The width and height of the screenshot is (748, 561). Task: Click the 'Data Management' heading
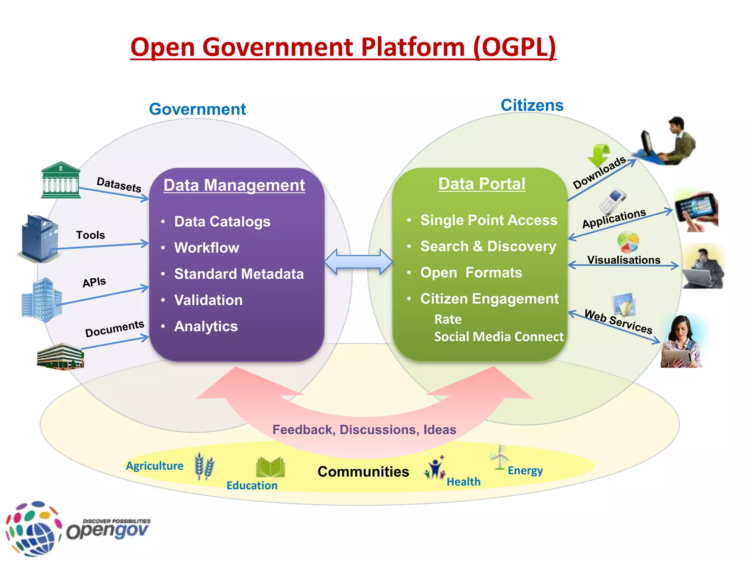pos(234,185)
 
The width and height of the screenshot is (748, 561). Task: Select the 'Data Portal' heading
pos(482,184)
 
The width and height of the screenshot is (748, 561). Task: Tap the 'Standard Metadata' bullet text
pos(239,274)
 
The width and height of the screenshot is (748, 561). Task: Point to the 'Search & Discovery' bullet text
pos(488,247)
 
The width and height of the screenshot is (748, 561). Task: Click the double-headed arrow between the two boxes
pos(358,262)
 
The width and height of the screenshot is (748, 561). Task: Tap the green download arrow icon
pos(599,155)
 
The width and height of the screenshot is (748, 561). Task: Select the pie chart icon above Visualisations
pos(628,242)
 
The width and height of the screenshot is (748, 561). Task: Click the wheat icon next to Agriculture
pos(204,466)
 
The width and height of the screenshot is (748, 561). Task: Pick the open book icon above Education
pos(270,467)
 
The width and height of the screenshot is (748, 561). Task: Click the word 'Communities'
pos(363,472)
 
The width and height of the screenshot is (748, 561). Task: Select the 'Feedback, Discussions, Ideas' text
pos(364,430)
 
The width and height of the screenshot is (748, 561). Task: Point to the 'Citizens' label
pos(532,105)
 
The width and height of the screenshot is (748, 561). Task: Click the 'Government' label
pos(197,109)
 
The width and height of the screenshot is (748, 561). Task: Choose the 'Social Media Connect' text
pos(499,337)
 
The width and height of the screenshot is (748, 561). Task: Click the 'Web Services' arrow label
pos(618,321)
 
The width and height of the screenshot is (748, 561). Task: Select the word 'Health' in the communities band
pos(463,482)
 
